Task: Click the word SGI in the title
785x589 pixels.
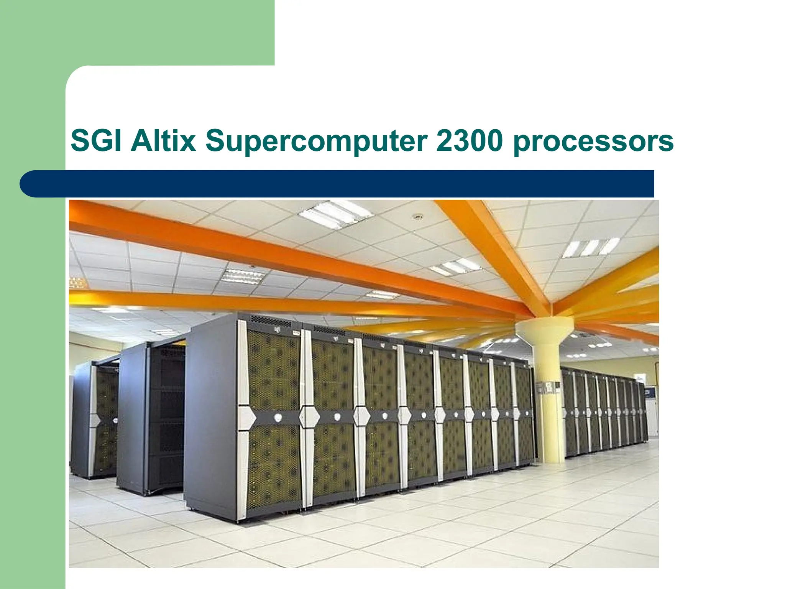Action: [x=98, y=141]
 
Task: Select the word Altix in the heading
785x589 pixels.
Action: [x=163, y=141]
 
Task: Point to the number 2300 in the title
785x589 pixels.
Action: [x=469, y=141]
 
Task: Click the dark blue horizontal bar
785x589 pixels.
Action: [x=337, y=184]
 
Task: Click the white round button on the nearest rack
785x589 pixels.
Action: [x=278, y=417]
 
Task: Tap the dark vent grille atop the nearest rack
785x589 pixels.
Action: [x=271, y=321]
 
